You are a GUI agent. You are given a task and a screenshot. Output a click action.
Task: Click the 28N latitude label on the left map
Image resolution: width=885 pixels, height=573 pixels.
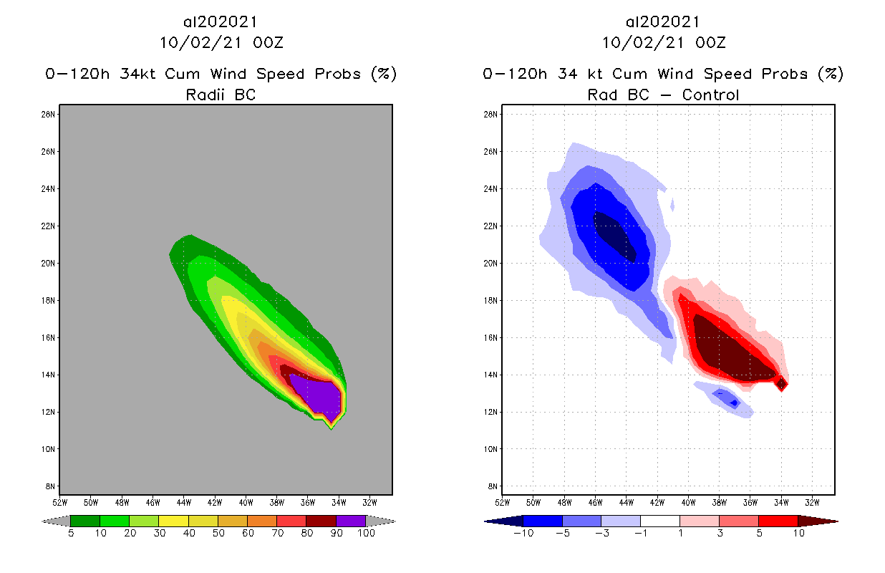tap(49, 114)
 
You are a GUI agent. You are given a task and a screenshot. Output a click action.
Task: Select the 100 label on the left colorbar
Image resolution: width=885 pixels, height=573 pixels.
tap(366, 534)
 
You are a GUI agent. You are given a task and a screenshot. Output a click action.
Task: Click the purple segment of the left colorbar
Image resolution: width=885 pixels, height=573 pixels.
tap(351, 521)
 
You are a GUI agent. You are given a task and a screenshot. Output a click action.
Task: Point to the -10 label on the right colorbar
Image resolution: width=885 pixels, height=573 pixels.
tap(523, 534)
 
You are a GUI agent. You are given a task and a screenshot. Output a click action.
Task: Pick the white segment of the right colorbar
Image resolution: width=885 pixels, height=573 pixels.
tap(659, 521)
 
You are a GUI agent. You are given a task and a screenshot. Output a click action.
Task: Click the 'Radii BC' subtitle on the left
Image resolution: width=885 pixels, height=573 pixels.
tap(221, 95)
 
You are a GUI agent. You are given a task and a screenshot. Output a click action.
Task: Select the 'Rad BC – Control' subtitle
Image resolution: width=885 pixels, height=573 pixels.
tap(663, 95)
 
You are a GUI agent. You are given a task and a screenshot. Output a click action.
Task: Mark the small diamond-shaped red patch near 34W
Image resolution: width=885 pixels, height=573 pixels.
tap(782, 384)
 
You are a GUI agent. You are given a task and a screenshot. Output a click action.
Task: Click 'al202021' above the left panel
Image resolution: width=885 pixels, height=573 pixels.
tap(221, 23)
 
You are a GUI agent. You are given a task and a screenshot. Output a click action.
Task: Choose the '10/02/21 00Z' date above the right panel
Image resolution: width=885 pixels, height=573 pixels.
tap(663, 43)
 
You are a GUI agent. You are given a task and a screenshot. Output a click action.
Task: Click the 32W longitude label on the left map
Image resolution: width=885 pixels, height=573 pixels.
tap(369, 501)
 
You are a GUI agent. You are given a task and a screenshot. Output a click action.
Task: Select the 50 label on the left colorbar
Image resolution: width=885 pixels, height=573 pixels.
tap(218, 534)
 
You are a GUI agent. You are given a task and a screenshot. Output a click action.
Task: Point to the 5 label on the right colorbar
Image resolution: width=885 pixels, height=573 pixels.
tap(758, 534)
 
